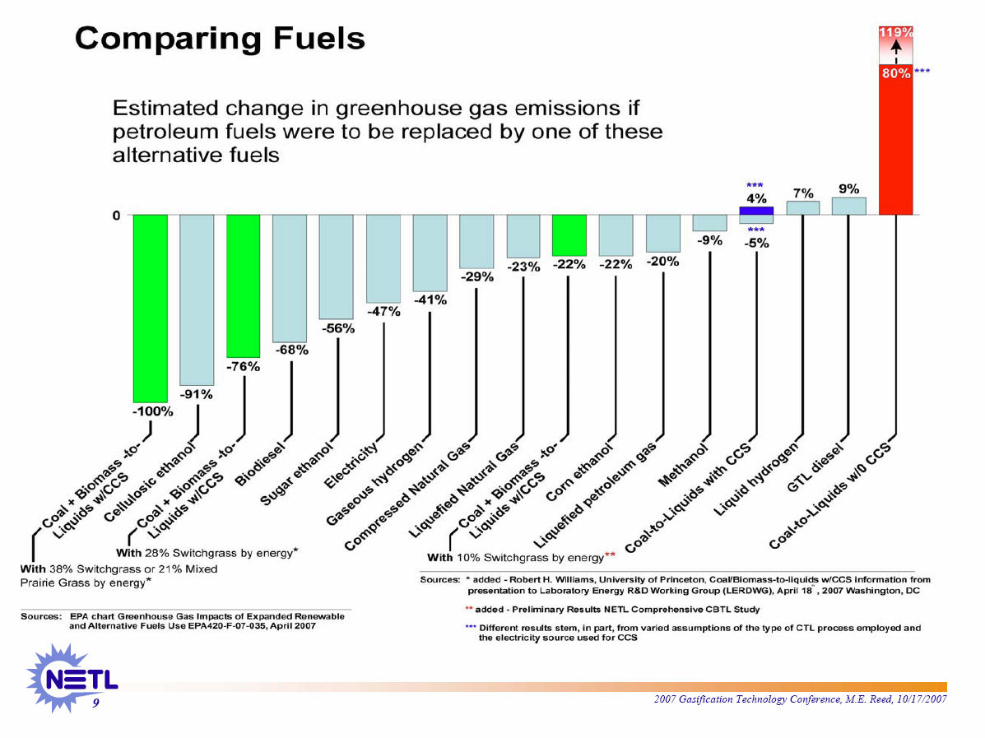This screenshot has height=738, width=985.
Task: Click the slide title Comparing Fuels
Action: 220,39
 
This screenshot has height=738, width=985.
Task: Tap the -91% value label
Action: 197,394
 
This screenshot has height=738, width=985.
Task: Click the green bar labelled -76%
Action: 244,284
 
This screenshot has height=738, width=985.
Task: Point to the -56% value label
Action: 338,328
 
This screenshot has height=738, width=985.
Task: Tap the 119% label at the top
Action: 896,32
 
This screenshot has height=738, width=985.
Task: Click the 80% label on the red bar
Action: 896,73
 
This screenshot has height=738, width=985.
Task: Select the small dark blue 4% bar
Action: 755,211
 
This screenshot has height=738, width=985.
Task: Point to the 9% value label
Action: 849,188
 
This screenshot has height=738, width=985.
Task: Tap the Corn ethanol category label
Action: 580,472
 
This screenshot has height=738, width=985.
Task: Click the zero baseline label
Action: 116,216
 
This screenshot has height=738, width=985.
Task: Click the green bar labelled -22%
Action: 569,234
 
